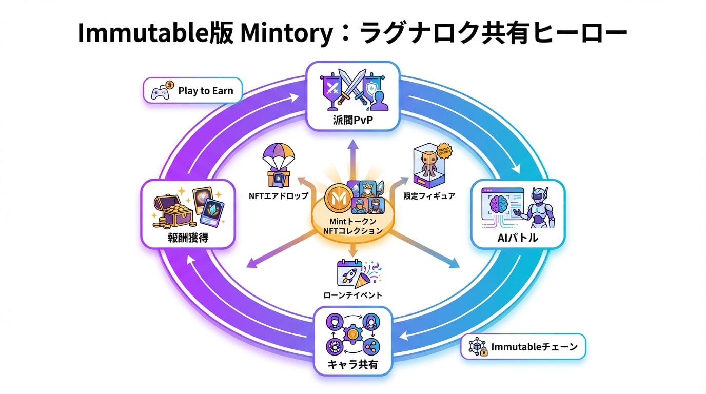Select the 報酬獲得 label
(x=187, y=239)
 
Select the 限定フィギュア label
(x=429, y=196)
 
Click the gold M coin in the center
(x=337, y=197)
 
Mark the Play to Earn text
(x=205, y=91)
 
